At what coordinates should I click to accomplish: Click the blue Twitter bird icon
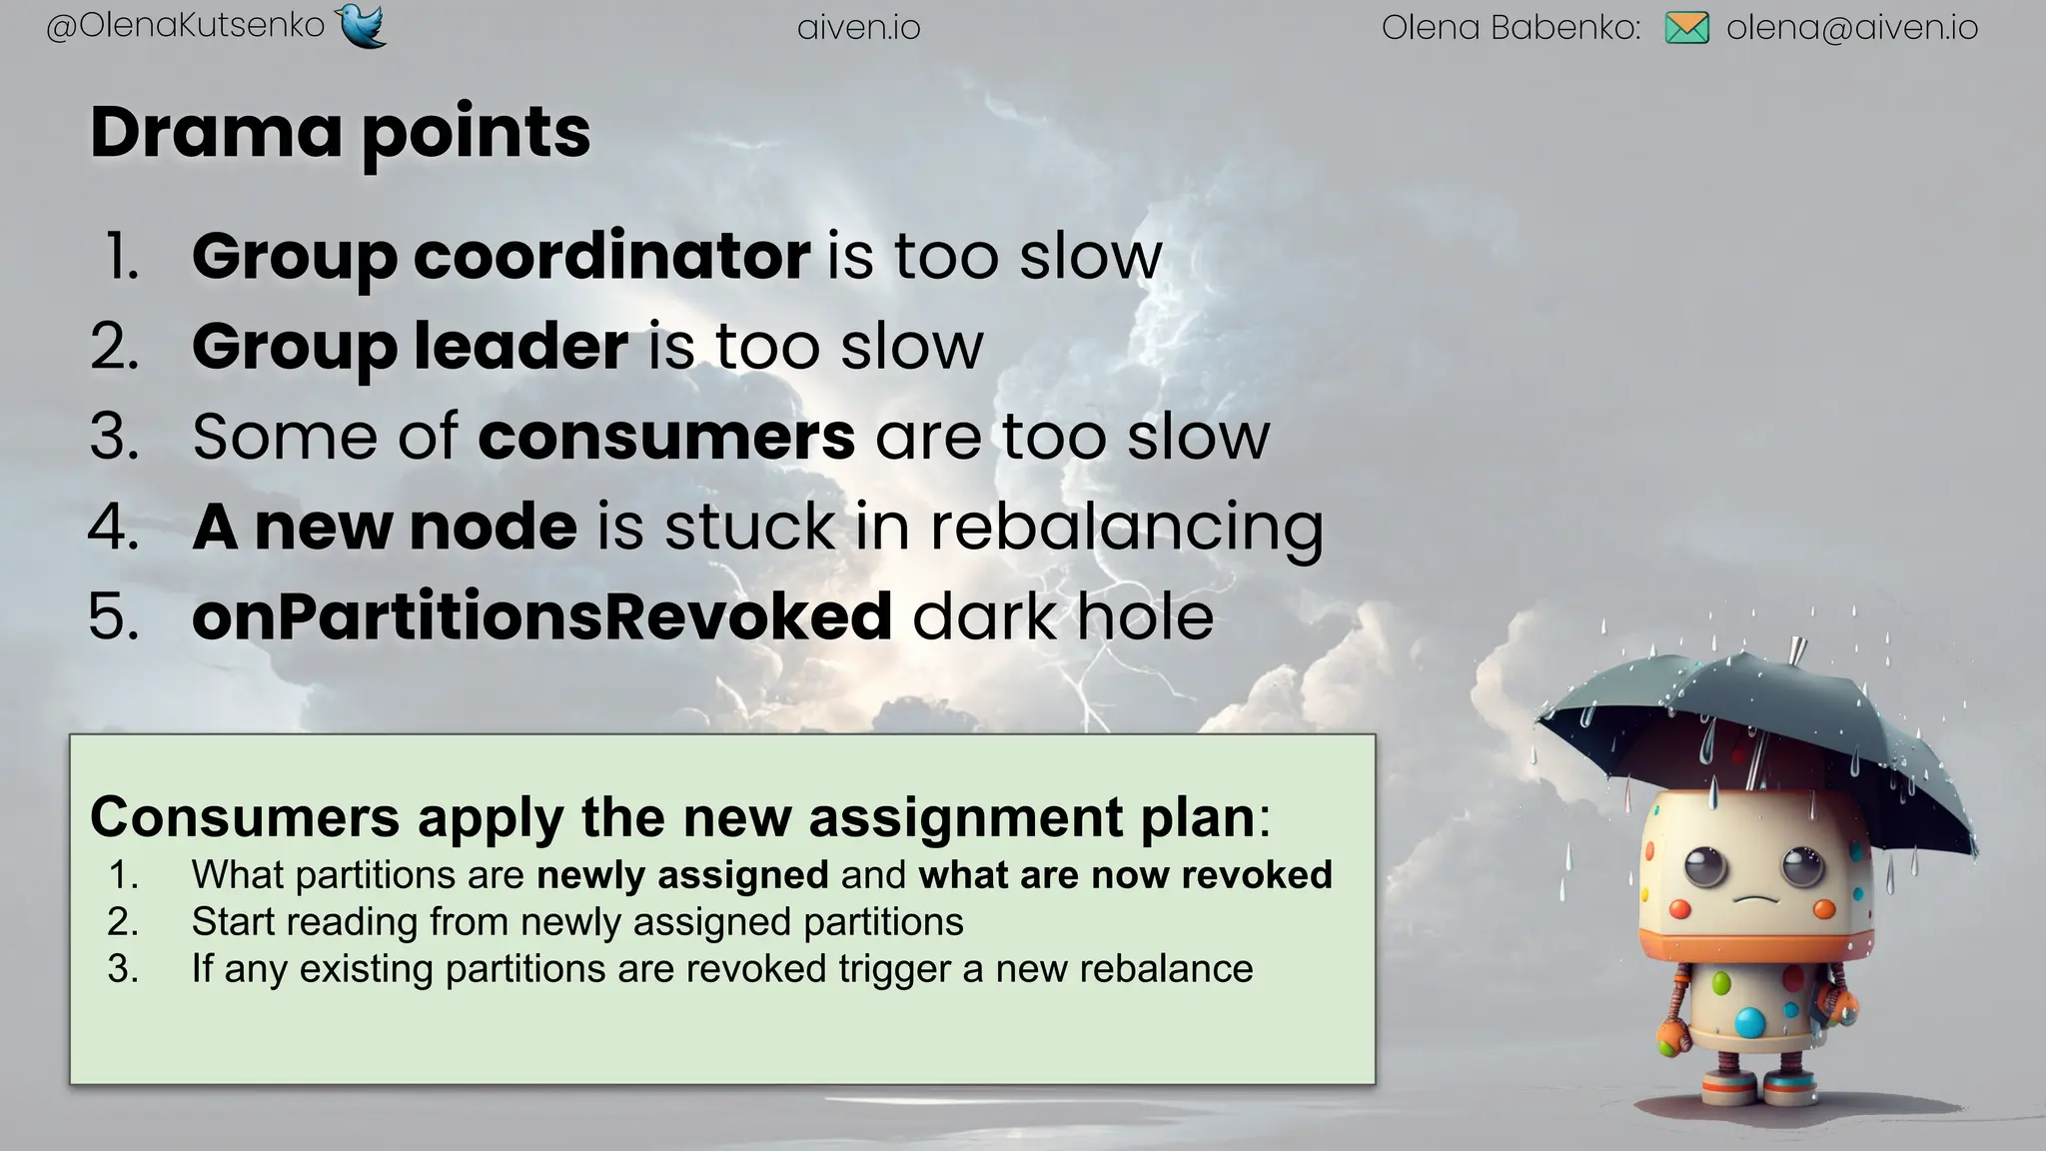point(362,25)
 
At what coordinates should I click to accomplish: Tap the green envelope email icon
point(1686,28)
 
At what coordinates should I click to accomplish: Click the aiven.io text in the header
point(858,28)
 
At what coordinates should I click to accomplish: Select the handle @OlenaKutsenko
point(186,26)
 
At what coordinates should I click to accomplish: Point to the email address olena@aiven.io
point(1851,28)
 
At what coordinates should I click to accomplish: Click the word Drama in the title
point(216,132)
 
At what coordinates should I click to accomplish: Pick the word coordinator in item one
point(611,256)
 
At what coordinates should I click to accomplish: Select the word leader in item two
point(520,346)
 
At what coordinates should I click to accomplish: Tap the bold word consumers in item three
point(666,437)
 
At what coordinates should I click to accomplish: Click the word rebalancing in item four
point(1127,527)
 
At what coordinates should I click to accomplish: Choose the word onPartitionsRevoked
point(541,616)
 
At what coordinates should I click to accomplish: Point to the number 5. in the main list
point(114,616)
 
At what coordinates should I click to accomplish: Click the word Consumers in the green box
point(245,817)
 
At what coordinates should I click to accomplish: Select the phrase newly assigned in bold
point(682,875)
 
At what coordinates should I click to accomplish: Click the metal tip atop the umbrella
point(1796,649)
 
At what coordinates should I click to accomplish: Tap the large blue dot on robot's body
point(1749,1022)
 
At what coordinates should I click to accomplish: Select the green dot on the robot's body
point(1720,983)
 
